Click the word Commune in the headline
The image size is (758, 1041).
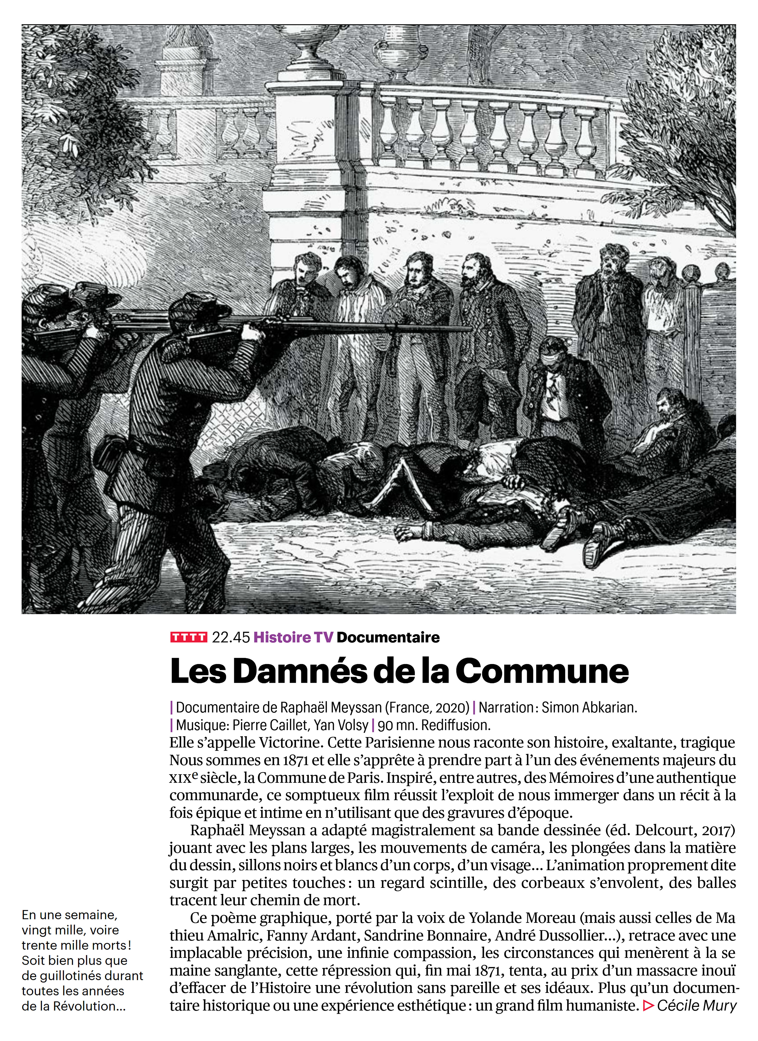(542, 672)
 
